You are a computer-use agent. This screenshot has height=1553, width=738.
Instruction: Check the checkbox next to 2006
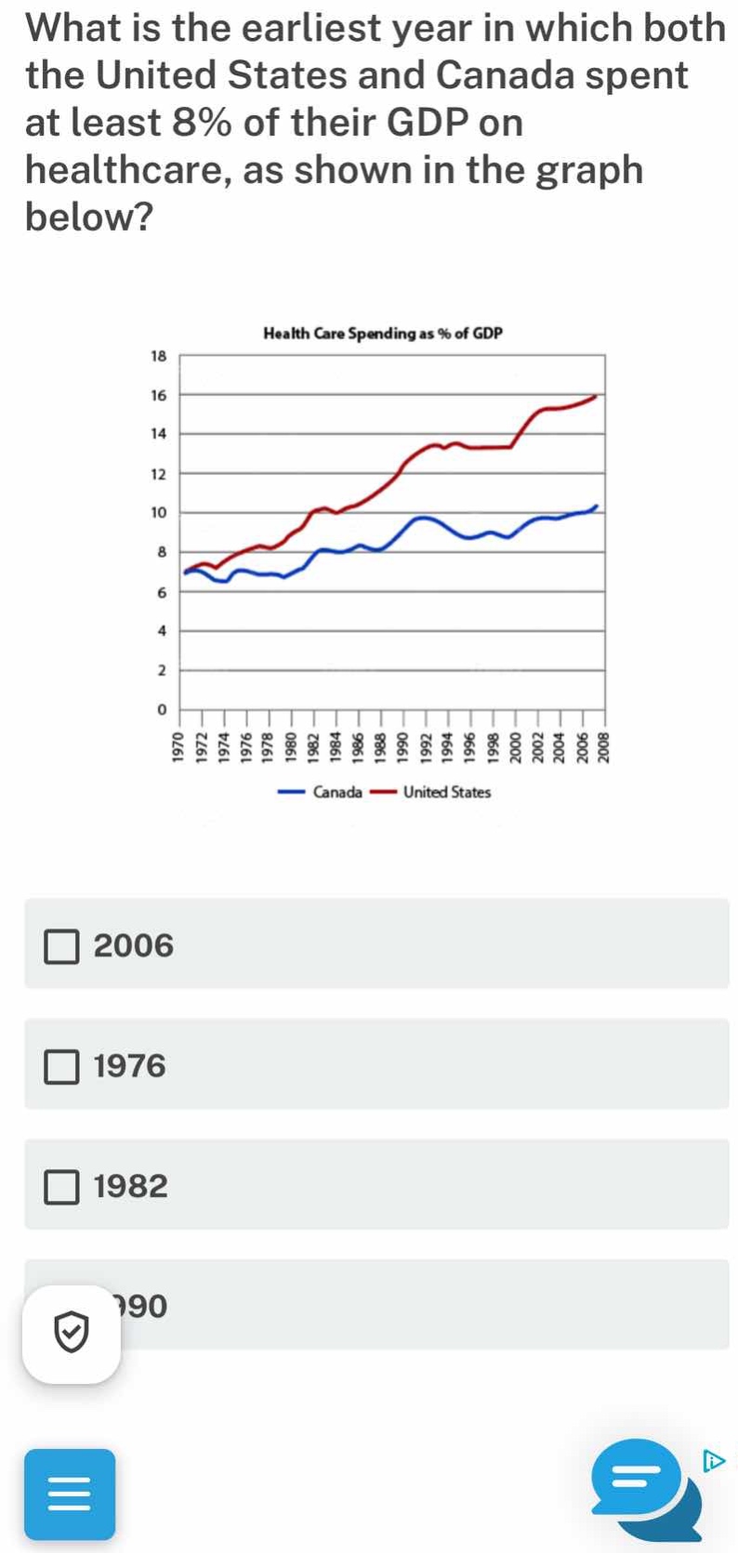(x=62, y=946)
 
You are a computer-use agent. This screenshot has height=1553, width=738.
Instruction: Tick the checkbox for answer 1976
(x=62, y=1066)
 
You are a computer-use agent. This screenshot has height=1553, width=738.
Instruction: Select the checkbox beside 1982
(x=62, y=1187)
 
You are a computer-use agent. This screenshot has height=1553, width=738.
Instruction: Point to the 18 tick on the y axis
(x=158, y=356)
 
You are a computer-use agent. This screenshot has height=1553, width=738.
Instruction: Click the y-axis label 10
(x=158, y=513)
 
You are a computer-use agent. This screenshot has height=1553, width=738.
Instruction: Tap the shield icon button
(x=72, y=1335)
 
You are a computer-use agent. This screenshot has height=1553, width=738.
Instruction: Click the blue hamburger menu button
(x=70, y=1494)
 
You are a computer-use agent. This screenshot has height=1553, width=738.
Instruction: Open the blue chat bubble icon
(x=641, y=1480)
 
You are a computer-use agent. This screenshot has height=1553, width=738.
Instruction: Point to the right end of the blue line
(x=597, y=507)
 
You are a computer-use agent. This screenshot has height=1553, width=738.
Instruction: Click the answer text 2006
(x=134, y=946)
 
